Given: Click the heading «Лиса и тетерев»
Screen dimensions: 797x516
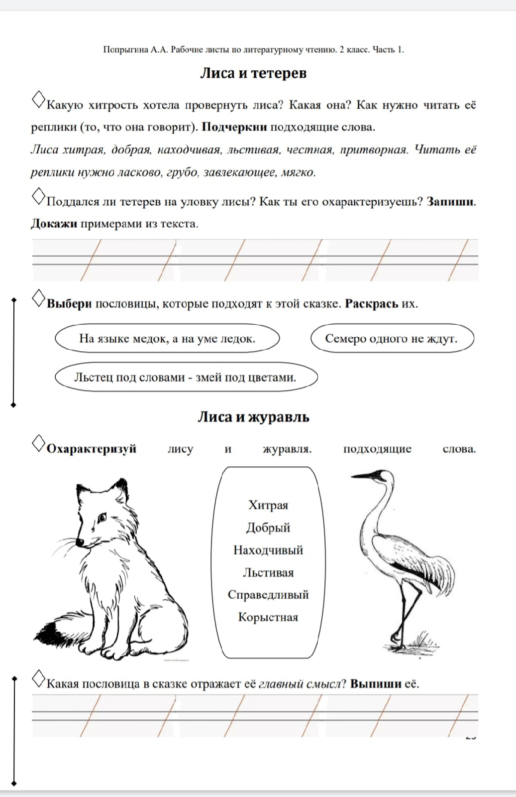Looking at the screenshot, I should (x=253, y=73).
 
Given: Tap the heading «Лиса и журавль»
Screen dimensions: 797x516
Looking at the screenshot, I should (x=253, y=417).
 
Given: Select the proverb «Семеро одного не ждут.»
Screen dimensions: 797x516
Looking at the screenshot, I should (x=391, y=339).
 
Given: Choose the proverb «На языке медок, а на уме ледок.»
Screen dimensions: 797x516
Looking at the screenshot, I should (x=167, y=339).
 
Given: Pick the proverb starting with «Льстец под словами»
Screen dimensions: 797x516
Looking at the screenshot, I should (x=185, y=377).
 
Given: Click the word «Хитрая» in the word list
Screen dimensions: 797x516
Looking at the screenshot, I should (x=268, y=505).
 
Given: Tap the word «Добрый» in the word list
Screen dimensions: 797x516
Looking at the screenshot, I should (x=268, y=528).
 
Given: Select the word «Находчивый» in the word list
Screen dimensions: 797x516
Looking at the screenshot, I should (x=268, y=550).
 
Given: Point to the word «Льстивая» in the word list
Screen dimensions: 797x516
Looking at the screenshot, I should (x=268, y=572).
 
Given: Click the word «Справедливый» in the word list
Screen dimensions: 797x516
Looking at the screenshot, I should (x=268, y=595).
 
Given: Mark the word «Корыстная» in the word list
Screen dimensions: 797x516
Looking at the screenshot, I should (x=268, y=617).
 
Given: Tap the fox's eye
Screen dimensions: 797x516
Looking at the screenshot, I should (x=102, y=518).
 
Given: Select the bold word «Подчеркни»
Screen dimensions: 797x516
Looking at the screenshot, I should (x=234, y=127).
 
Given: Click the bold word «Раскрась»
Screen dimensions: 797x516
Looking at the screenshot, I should (x=371, y=304).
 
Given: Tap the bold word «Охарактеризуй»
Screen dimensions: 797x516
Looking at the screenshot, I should (x=92, y=449).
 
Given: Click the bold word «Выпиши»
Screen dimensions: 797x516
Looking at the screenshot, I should (x=375, y=684).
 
